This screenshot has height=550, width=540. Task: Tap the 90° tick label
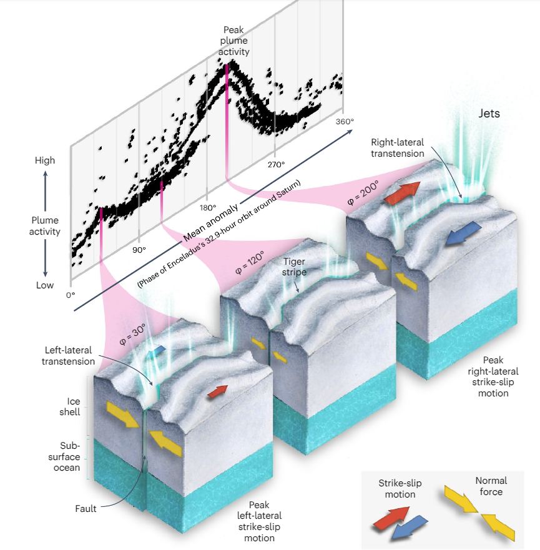(139, 249)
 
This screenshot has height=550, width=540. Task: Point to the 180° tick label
(207, 207)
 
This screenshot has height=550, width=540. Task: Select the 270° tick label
(276, 165)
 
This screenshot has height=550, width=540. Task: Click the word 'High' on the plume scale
(45, 160)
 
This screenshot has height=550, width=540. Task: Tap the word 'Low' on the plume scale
(45, 285)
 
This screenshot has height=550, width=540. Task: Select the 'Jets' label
(489, 114)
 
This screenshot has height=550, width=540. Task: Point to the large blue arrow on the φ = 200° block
(462, 232)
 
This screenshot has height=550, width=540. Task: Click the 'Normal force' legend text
(491, 486)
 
